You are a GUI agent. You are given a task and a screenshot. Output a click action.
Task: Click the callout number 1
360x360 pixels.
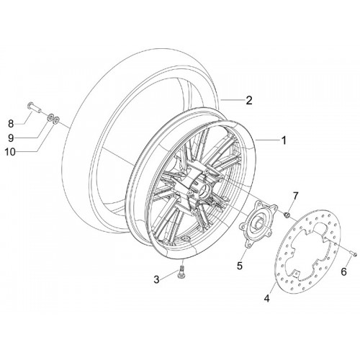[x=284, y=140]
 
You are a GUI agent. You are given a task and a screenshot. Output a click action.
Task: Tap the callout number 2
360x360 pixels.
[x=249, y=100]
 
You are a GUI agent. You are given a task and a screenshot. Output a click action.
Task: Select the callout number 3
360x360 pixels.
[x=156, y=279]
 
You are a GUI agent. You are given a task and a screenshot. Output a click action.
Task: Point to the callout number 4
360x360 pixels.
[x=266, y=298]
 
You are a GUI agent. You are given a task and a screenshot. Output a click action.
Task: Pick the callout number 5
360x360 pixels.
[x=240, y=266]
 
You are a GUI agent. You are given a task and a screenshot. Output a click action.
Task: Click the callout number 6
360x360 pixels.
[x=344, y=272]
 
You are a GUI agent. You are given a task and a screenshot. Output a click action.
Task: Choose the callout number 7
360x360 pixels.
[x=295, y=196]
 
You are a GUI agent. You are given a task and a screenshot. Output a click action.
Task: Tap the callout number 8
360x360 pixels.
[x=11, y=124]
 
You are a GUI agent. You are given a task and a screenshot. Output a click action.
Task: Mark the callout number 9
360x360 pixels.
[x=11, y=138]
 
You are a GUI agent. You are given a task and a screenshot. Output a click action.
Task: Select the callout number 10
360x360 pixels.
[x=10, y=152]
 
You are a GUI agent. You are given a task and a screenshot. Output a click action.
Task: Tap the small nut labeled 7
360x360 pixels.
[x=287, y=215]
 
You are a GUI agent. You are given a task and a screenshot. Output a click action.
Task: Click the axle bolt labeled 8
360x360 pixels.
[x=34, y=107]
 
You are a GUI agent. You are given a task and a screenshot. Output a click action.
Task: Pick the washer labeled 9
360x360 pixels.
[x=51, y=118]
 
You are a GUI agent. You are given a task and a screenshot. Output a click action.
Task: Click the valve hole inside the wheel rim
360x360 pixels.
[x=186, y=238]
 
